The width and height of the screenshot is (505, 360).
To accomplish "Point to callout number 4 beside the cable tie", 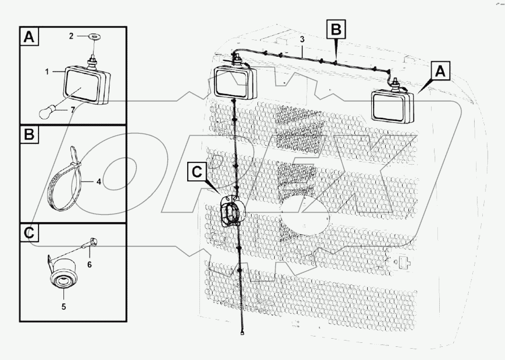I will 98,181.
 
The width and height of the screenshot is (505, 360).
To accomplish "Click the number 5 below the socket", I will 63,306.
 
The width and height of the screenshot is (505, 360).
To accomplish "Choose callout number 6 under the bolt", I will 89,264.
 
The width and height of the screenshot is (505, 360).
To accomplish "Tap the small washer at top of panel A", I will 94,36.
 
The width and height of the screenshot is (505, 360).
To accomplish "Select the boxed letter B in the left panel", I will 29,136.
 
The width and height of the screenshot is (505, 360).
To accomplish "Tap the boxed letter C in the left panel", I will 29,234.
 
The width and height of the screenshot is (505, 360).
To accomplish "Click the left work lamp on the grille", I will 233,82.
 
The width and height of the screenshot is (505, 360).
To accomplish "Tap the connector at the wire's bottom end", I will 243,334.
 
